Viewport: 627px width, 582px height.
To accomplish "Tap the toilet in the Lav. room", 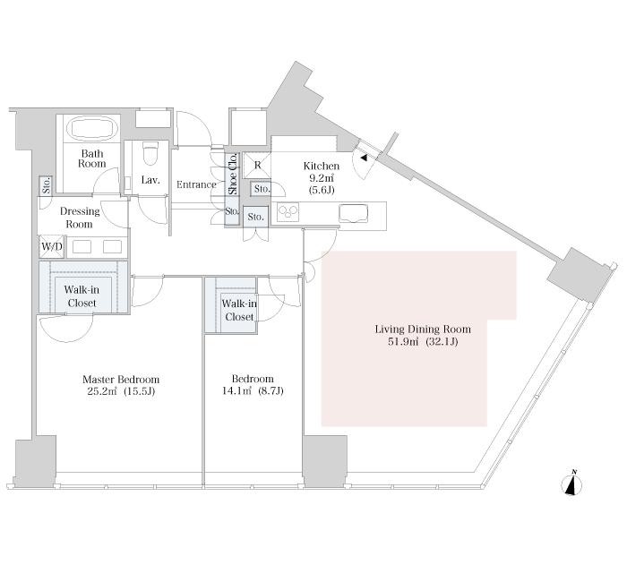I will [150, 154].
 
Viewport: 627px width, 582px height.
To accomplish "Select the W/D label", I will [50, 247].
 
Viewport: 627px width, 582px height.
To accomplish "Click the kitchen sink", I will [353, 213].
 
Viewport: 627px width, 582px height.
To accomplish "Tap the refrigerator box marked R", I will [257, 166].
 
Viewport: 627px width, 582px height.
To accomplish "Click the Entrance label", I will [196, 185].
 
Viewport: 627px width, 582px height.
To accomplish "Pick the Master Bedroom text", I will [106, 379].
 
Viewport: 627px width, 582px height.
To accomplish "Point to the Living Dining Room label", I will [422, 330].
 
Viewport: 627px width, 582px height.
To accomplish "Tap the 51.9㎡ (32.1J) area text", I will [422, 343].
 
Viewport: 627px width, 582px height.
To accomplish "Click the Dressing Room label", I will [80, 218].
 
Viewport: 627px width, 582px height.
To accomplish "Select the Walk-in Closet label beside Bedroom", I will [239, 311].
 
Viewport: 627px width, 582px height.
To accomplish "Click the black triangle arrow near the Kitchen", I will [363, 159].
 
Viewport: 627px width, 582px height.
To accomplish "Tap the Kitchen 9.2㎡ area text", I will [321, 178].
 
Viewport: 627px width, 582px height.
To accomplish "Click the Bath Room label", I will [91, 158].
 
